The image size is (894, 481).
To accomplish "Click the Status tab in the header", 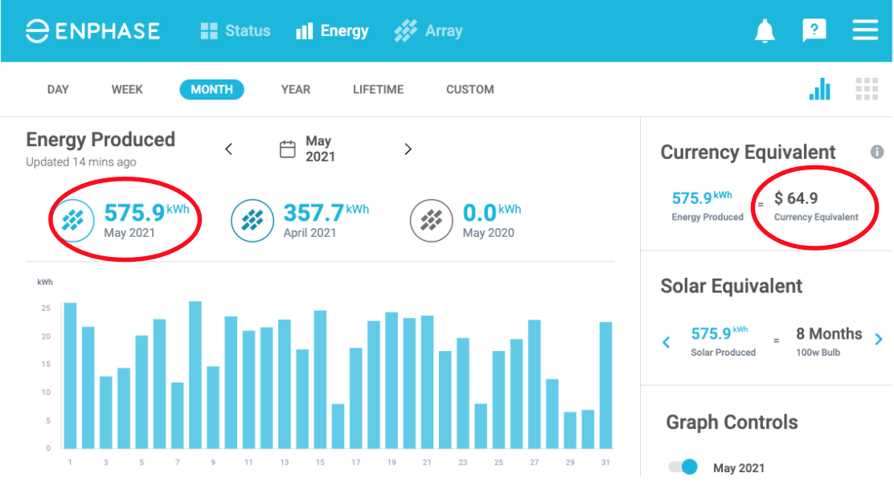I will (236, 31).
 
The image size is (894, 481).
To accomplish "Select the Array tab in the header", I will (429, 31).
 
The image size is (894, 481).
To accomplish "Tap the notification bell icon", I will (765, 31).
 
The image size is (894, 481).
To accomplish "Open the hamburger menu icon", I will (865, 31).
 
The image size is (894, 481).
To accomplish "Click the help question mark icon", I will (814, 31).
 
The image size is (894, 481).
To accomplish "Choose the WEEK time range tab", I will (127, 89).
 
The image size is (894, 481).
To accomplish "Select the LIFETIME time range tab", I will (378, 89).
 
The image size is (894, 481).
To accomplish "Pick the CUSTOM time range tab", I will (470, 89).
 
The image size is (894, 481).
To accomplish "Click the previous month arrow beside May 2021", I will (228, 149).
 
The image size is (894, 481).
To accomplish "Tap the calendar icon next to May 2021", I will (288, 149).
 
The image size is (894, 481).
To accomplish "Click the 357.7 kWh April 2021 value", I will (314, 214).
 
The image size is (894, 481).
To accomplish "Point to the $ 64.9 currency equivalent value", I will (796, 198).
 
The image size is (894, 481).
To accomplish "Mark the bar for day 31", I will (605, 385).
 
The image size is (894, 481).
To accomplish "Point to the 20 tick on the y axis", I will (46, 336).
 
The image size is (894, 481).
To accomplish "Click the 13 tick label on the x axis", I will (285, 463).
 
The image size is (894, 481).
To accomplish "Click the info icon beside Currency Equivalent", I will (877, 152).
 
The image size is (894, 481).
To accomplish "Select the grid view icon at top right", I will (867, 89).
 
